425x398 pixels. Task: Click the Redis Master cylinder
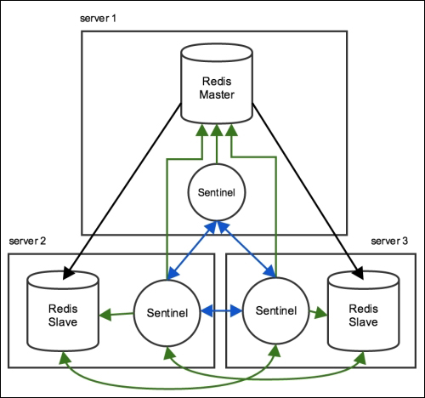(x=217, y=84)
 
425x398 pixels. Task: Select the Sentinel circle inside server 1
(x=217, y=192)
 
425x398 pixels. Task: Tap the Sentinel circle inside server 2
(x=167, y=313)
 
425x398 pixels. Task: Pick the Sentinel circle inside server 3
(x=276, y=310)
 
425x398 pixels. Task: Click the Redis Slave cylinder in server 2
(x=63, y=311)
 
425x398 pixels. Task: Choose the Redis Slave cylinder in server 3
(x=364, y=311)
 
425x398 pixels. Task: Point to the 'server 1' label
(x=98, y=19)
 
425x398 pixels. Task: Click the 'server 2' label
(x=27, y=241)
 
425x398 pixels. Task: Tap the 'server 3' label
(x=389, y=241)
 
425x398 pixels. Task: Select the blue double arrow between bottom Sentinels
(x=222, y=311)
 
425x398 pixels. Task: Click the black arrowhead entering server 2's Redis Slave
(x=68, y=273)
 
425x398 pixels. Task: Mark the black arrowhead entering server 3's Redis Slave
(x=358, y=273)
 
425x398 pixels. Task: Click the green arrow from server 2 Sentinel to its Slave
(x=116, y=315)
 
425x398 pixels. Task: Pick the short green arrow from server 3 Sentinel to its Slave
(x=318, y=313)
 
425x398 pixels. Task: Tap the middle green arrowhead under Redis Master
(x=217, y=130)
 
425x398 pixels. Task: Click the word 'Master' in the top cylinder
(x=217, y=94)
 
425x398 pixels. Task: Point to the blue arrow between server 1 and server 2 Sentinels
(x=191, y=250)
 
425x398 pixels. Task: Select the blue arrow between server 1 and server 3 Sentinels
(x=246, y=249)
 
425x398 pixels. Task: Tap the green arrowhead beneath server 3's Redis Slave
(x=361, y=358)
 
